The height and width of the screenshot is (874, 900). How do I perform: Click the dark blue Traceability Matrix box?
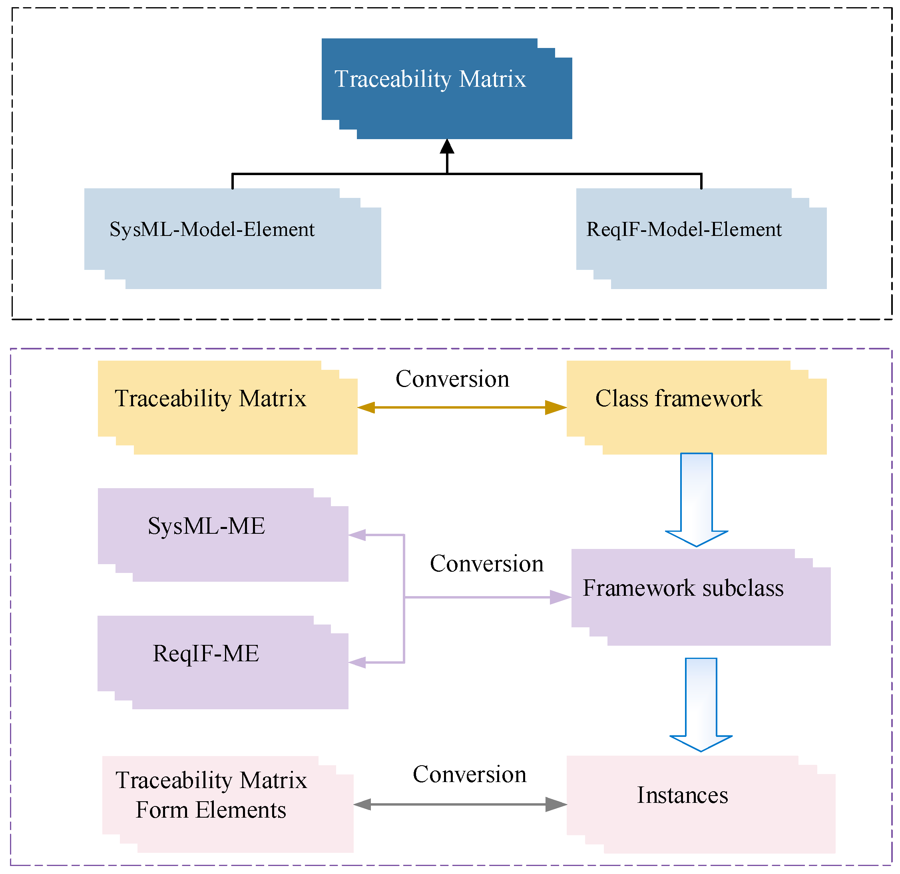coord(446,89)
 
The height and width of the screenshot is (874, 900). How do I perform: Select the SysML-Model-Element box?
coord(232,239)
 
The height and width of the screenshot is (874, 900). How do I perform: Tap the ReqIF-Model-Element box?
coord(701,239)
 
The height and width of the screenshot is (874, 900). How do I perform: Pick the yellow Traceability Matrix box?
coord(227,408)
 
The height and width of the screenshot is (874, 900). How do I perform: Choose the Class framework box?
coord(696,408)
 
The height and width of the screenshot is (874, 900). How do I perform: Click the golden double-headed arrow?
coord(462,407)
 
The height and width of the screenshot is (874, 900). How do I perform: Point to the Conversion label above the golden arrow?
coord(452,379)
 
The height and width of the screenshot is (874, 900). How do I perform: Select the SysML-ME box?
coord(223,535)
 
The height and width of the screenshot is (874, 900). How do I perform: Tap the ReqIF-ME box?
coord(223,662)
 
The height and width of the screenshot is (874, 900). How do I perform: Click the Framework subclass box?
coord(701,597)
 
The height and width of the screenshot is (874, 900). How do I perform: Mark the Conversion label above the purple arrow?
coord(486,564)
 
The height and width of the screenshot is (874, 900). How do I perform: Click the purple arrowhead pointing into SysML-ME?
coord(357,535)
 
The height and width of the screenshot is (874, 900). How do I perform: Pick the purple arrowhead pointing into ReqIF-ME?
coord(357,662)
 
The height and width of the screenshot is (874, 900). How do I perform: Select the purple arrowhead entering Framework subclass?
coord(560,597)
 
